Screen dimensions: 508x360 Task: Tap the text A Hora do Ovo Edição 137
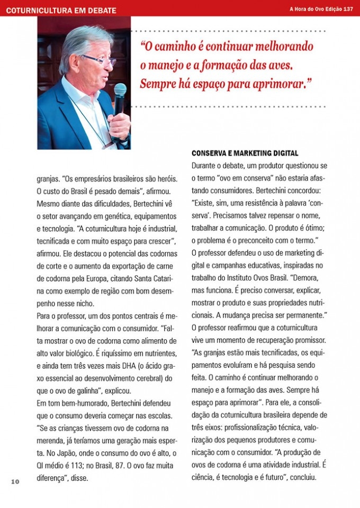(x=321, y=9)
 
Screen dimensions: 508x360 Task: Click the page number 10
(x=14, y=481)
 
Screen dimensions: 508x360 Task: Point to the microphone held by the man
(x=120, y=98)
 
